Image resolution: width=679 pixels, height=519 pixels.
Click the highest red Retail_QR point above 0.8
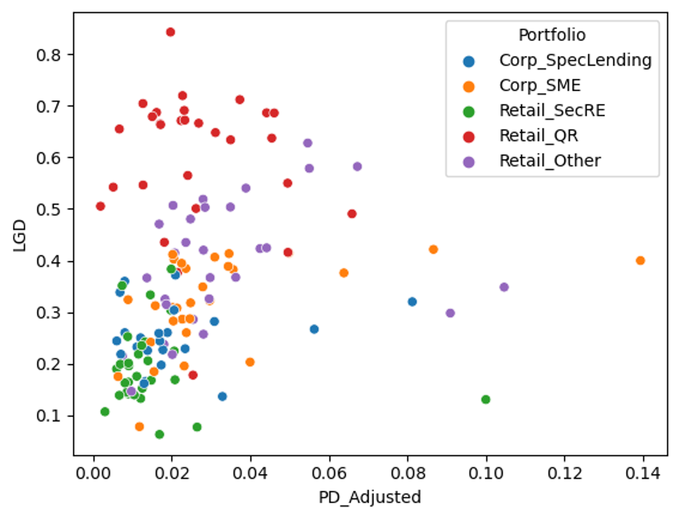(x=170, y=32)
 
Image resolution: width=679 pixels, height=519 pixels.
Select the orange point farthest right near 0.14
(x=640, y=260)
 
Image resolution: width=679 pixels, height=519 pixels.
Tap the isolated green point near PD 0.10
(x=486, y=399)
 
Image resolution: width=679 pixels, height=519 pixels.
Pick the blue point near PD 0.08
(x=412, y=302)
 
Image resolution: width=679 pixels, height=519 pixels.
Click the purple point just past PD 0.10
(x=504, y=287)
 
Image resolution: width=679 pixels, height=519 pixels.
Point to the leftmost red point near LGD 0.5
(x=100, y=206)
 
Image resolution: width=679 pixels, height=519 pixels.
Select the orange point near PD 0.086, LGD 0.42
(x=433, y=249)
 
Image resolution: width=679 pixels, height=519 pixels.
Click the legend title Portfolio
(x=552, y=35)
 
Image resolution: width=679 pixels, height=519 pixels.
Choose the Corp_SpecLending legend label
(x=575, y=60)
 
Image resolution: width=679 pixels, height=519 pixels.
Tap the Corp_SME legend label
(x=540, y=85)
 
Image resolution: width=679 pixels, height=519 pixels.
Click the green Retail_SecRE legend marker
(x=468, y=111)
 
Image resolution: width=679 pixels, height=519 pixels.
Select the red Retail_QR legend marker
(x=468, y=136)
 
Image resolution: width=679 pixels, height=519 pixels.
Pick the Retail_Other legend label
(x=550, y=161)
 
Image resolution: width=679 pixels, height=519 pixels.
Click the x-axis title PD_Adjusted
(x=370, y=497)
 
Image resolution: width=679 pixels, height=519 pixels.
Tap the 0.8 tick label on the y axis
(x=48, y=55)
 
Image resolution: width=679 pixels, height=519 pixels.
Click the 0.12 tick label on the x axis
(x=564, y=473)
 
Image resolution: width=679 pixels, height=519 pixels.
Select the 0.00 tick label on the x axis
(x=93, y=473)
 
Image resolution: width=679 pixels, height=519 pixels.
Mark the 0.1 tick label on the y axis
(x=48, y=416)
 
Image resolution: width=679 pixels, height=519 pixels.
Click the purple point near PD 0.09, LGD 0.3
(x=450, y=313)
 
